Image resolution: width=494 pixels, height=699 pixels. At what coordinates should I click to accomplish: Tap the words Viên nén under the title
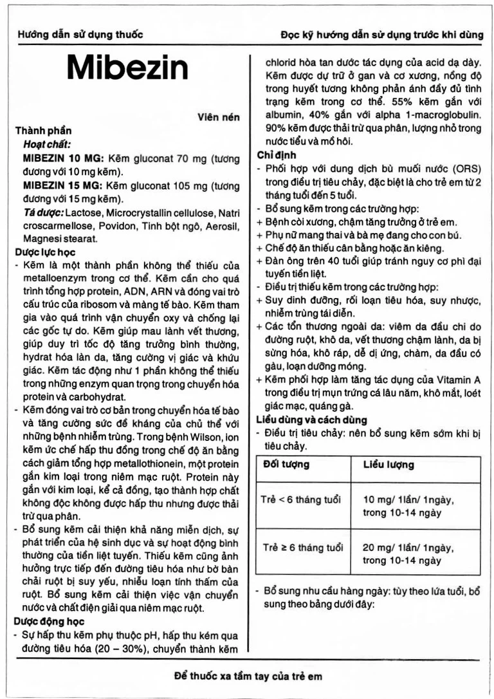(219, 117)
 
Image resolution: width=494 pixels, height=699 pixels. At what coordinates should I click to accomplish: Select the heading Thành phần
(44, 131)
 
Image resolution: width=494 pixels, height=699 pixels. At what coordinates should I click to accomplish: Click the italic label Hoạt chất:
(48, 145)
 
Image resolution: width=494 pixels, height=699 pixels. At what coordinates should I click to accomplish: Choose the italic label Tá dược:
(44, 212)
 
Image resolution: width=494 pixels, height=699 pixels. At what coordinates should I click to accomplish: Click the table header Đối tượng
(285, 464)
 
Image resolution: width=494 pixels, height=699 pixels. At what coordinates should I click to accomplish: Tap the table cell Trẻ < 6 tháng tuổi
(301, 499)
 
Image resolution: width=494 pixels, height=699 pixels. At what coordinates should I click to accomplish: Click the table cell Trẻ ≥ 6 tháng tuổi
(302, 548)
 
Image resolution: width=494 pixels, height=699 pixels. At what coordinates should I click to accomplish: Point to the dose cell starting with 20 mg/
(408, 554)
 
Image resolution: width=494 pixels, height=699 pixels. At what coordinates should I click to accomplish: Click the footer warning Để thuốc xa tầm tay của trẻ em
(248, 676)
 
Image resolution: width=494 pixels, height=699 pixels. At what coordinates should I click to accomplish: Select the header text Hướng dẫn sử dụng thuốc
(80, 35)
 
